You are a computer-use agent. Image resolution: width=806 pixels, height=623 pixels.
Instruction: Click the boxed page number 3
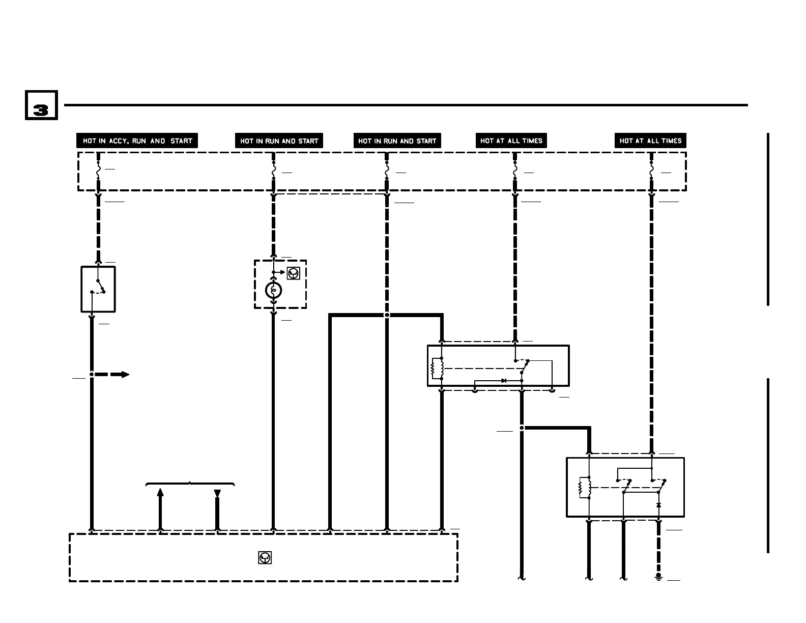pyautogui.click(x=41, y=106)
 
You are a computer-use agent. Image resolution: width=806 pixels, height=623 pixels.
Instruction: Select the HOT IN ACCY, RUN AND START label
pyautogui.click(x=137, y=140)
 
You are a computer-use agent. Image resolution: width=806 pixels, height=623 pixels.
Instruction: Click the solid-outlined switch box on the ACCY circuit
pyautogui.click(x=98, y=289)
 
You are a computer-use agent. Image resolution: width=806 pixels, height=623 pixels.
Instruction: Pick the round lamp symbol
pyautogui.click(x=274, y=290)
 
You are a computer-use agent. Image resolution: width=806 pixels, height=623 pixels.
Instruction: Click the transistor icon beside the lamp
pyautogui.click(x=294, y=273)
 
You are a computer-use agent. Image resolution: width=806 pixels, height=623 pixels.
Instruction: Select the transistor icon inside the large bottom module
pyautogui.click(x=265, y=558)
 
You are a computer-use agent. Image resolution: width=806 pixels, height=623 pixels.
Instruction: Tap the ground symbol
pyautogui.click(x=658, y=576)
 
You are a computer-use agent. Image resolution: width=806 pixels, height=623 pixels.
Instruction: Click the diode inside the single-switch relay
pyautogui.click(x=504, y=380)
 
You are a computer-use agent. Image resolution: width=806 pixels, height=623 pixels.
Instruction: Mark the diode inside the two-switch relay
pyautogui.click(x=658, y=505)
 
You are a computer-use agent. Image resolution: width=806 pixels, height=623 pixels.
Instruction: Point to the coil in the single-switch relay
pyautogui.click(x=435, y=369)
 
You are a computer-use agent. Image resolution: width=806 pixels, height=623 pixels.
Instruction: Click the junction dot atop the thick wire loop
pyautogui.click(x=387, y=315)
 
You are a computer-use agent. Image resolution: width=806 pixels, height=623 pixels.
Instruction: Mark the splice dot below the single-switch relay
pyautogui.click(x=522, y=428)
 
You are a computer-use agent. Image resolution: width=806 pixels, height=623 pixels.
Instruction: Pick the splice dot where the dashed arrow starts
pyautogui.click(x=92, y=375)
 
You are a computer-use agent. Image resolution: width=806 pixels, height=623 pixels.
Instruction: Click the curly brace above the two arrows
pyautogui.click(x=190, y=484)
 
